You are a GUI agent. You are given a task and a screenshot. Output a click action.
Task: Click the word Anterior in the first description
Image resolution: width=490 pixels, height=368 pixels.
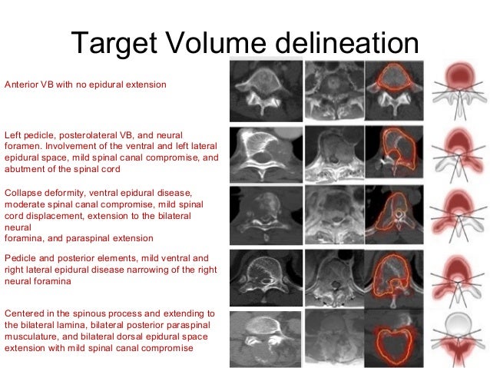(21, 85)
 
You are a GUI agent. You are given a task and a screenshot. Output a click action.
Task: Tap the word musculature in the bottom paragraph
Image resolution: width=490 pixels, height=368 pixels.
(29, 337)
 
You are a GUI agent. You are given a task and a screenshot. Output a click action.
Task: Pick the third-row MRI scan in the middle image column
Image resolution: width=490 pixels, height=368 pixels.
(333, 214)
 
